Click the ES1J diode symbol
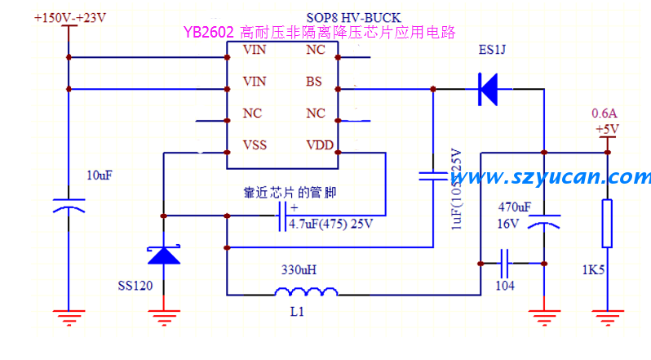pyautogui.click(x=489, y=89)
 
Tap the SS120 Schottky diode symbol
pyautogui.click(x=164, y=254)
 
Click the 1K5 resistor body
pyautogui.click(x=606, y=223)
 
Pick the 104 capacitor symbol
pyautogui.click(x=505, y=263)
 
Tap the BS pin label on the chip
pyautogui.click(x=314, y=82)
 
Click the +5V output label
pyautogui.click(x=606, y=129)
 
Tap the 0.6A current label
pyautogui.click(x=605, y=113)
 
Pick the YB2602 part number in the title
pyautogui.click(x=210, y=33)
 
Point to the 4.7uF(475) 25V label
pyautogui.click(x=330, y=225)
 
